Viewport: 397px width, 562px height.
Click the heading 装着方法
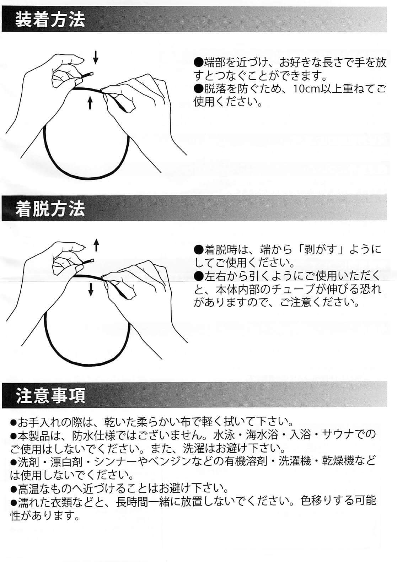50,20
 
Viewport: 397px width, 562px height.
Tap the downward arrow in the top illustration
96,57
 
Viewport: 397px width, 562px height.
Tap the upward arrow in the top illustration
90,103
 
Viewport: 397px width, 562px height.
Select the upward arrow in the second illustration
96,245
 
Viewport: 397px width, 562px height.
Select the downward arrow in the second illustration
91,290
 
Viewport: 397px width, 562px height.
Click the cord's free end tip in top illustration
92,73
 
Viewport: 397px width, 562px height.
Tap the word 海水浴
262,434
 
